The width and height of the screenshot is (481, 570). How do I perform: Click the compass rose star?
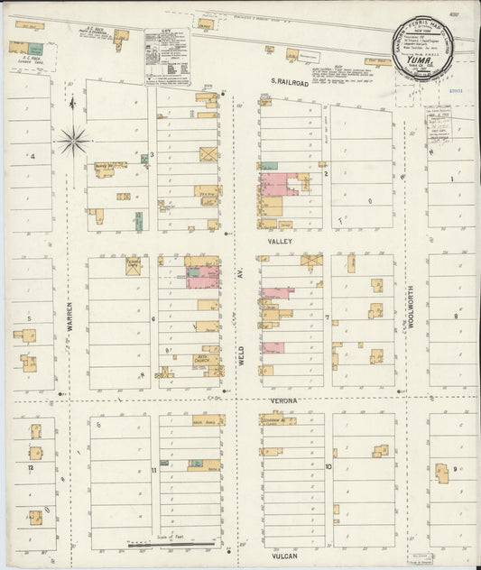click(73, 140)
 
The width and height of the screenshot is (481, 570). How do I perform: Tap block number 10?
click(329, 467)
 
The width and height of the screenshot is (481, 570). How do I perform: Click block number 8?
click(456, 317)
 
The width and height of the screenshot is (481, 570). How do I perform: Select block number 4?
click(32, 157)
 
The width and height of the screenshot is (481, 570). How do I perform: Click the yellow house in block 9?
click(442, 473)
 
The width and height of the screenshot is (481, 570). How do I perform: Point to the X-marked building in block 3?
click(208, 154)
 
